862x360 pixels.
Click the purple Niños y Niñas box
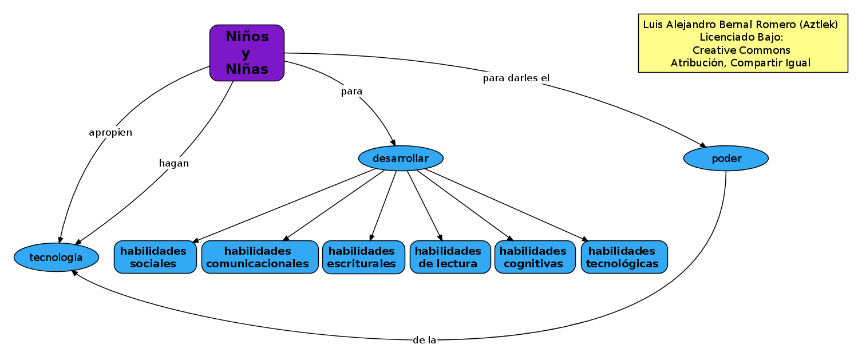(247, 53)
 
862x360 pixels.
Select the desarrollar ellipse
(401, 158)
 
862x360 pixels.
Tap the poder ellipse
(726, 158)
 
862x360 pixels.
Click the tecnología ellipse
(56, 258)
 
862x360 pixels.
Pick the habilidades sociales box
(155, 257)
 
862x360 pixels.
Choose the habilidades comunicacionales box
(260, 257)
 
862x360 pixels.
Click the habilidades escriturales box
(363, 257)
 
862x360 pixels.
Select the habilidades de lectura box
(450, 257)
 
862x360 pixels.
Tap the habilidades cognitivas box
(535, 257)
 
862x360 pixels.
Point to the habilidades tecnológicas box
(624, 257)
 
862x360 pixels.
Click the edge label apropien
(110, 133)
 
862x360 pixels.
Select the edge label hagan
(174, 163)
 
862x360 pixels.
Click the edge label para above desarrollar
(351, 91)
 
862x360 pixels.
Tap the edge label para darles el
(516, 78)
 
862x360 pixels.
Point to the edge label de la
(424, 340)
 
